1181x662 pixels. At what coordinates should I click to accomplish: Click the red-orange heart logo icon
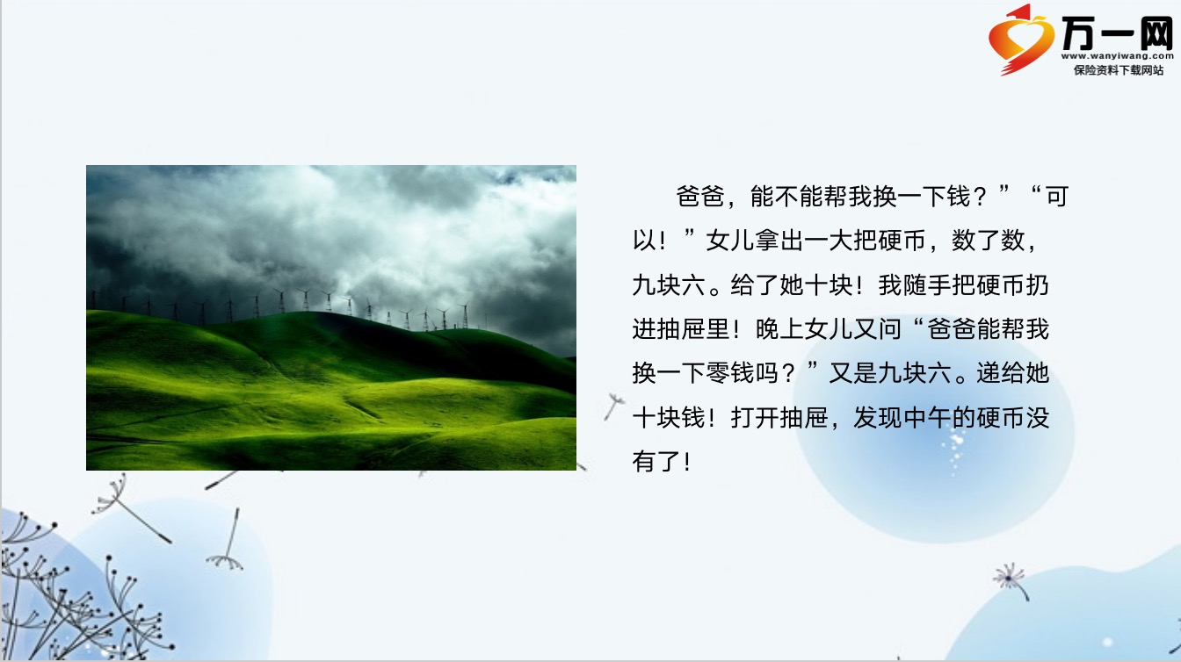1021,40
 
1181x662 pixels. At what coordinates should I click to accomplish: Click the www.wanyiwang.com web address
1117,56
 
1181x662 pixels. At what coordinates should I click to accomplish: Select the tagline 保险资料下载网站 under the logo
1119,70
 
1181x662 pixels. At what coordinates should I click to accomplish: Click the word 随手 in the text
927,285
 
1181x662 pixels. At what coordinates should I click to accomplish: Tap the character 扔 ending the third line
1037,285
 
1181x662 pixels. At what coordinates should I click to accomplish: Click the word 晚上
779,329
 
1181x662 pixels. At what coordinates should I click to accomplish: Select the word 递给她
1012,373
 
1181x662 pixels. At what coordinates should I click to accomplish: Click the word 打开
755,418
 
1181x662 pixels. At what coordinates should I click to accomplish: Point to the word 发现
877,418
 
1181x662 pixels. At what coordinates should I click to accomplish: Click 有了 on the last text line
656,462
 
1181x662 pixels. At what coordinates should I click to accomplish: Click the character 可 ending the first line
1057,197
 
